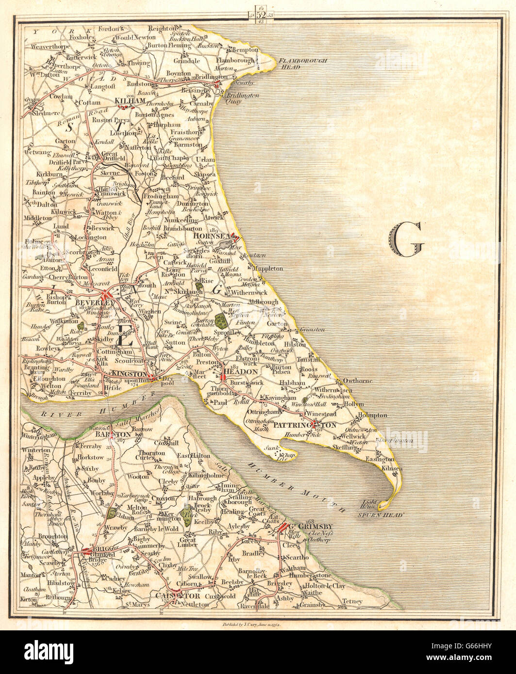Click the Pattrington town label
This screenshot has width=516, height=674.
pyautogui.click(x=304, y=425)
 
